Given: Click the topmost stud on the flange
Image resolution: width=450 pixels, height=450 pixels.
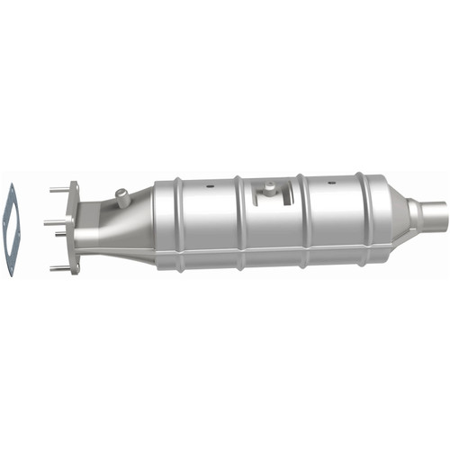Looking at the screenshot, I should pyautogui.click(x=59, y=189).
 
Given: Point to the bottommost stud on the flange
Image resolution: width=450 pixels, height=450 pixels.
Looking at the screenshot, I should pyautogui.click(x=59, y=267).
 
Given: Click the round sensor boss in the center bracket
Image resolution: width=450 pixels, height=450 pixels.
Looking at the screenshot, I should pyautogui.click(x=267, y=185).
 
